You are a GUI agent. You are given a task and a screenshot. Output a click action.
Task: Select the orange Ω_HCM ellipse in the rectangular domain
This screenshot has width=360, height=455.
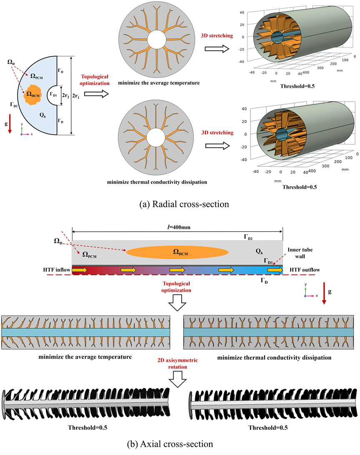pyautogui.click(x=177, y=252)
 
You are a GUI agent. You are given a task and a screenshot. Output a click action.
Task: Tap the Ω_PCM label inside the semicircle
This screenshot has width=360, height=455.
pyautogui.click(x=37, y=76)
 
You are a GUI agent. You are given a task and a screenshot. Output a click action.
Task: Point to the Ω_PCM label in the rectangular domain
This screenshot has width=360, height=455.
pyautogui.click(x=89, y=255)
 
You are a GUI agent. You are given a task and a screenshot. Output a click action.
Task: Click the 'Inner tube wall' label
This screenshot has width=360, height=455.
pyautogui.click(x=300, y=252)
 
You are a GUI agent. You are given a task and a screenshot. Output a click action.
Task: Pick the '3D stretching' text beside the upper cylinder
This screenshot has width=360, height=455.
pyautogui.click(x=217, y=36)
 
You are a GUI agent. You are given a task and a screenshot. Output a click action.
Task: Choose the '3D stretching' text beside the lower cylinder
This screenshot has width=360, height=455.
pyautogui.click(x=217, y=132)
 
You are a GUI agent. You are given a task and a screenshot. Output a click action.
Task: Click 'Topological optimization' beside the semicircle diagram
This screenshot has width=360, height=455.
pyautogui.click(x=95, y=80)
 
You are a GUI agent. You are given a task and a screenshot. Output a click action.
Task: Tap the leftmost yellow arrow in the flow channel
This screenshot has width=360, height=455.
pyautogui.click(x=79, y=270)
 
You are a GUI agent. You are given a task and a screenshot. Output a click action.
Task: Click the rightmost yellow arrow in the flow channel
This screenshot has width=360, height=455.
pyautogui.click(x=275, y=270)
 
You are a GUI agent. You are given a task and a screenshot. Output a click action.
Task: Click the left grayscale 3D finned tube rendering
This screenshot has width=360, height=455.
pyautogui.click(x=85, y=403)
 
